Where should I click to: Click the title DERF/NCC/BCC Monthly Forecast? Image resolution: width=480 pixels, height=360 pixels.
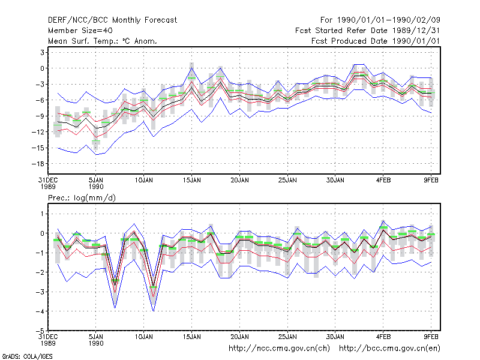112,20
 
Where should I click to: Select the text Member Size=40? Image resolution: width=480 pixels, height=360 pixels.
80,31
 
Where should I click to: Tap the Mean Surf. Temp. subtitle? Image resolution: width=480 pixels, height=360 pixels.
102,41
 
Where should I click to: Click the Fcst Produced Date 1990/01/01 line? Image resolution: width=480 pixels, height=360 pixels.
376,41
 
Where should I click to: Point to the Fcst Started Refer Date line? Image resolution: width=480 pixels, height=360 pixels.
367,31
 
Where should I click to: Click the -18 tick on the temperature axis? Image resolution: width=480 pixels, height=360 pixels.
38,164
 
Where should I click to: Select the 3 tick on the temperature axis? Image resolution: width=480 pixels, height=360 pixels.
42,52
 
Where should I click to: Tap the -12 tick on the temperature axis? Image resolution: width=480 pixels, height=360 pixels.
38,132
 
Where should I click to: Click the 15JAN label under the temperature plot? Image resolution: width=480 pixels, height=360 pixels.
191,180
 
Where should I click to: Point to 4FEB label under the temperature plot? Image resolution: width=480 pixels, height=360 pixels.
383,180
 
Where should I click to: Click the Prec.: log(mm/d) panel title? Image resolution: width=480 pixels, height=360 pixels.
82,198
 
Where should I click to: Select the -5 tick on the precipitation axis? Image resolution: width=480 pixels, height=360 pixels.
40,331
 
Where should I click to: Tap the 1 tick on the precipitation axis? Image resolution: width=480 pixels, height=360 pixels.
42,214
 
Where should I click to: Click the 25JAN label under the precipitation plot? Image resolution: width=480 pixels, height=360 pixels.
287,337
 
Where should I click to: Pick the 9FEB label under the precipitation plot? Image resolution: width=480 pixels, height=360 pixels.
431,337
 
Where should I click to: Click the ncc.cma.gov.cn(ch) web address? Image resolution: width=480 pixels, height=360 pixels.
279,349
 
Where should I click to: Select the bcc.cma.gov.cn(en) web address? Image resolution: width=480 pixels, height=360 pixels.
389,349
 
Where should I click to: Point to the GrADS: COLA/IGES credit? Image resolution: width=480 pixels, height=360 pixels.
27,356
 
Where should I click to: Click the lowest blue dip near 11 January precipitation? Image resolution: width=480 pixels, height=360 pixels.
154,311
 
